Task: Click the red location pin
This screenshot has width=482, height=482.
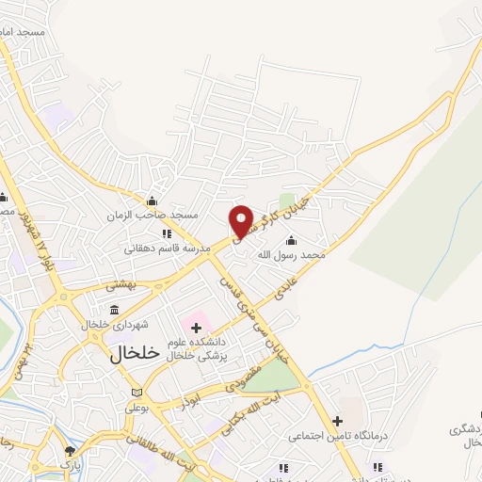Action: point(242,219)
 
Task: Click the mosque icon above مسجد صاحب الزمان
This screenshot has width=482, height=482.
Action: point(152,201)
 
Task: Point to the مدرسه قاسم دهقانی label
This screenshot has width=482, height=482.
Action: point(161,250)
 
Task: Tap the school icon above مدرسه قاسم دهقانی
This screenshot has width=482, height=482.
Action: point(166,233)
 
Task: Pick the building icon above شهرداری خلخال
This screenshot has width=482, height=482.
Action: point(114,310)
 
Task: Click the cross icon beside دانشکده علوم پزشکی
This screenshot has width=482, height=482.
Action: point(196,328)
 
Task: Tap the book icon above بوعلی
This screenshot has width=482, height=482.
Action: point(138,393)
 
